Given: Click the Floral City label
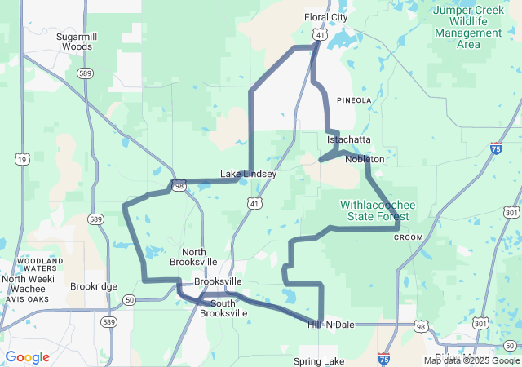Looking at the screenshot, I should (325, 16).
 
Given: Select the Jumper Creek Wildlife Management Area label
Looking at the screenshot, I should (468, 27).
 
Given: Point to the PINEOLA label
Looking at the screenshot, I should (353, 100).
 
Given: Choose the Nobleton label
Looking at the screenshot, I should (364, 159).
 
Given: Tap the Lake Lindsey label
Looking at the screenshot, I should (248, 174).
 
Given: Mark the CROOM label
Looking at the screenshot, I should (409, 237).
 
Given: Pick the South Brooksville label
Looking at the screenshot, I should (223, 307).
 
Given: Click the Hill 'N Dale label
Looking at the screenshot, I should (331, 325).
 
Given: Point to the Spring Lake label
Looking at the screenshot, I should (319, 360).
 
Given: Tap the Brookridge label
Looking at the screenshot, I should (94, 286).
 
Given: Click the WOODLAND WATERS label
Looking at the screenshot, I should (34, 265).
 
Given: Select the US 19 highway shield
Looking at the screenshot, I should (22, 160).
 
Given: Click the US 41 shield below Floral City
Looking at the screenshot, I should (320, 35).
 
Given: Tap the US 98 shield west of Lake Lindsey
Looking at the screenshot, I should (178, 186).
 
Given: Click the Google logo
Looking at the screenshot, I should (27, 357).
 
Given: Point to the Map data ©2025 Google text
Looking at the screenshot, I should (471, 360).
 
